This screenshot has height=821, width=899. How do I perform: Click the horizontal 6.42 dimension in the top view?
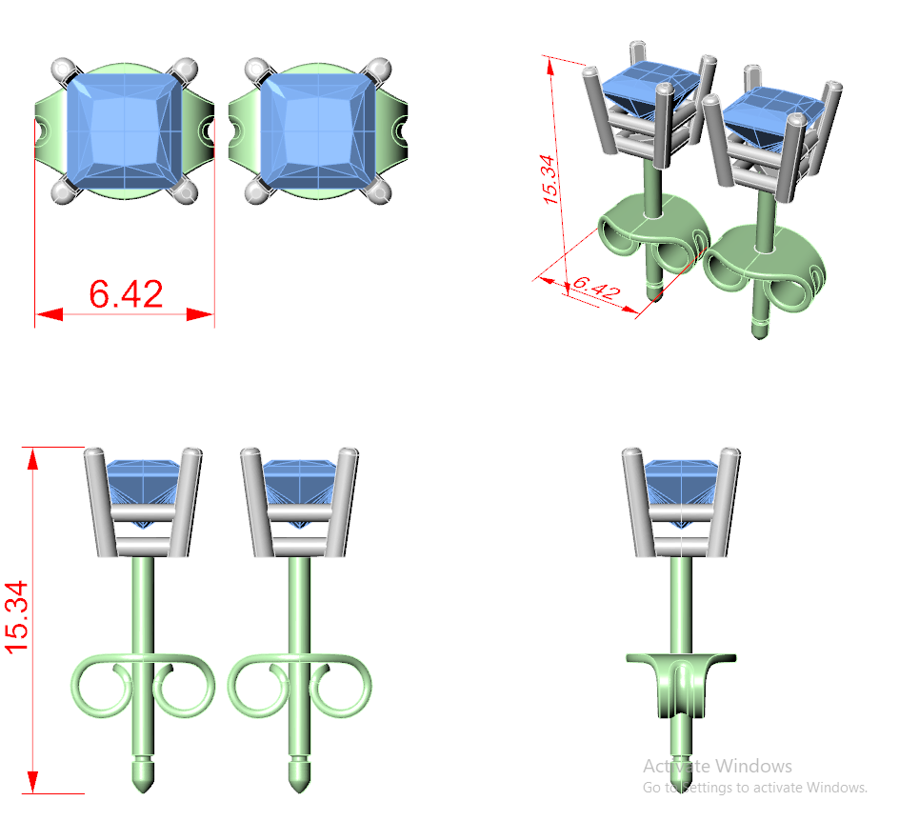[126, 294]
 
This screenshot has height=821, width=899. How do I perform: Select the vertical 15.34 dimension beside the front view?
[16, 617]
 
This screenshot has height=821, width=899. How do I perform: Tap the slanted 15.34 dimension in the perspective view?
[549, 179]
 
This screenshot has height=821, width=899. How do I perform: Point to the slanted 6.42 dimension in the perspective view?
[596, 288]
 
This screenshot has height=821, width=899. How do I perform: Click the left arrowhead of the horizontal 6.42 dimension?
[50, 314]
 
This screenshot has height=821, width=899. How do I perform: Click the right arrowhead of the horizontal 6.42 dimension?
[201, 314]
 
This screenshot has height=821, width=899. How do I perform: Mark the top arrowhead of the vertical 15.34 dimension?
[32, 460]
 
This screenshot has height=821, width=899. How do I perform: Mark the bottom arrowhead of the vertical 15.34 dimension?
[32, 781]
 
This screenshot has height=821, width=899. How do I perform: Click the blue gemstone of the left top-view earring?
[125, 130]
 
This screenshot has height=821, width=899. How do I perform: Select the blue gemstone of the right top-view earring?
[318, 130]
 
